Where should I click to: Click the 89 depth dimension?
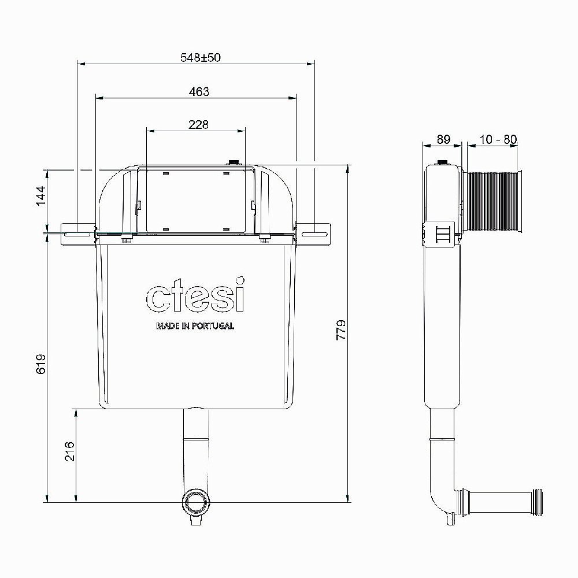443,139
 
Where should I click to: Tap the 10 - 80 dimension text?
498,139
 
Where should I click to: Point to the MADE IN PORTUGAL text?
195,326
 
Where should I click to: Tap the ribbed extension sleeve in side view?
494,202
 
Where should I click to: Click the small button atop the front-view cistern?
235,163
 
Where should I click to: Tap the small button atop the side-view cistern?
442,162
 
